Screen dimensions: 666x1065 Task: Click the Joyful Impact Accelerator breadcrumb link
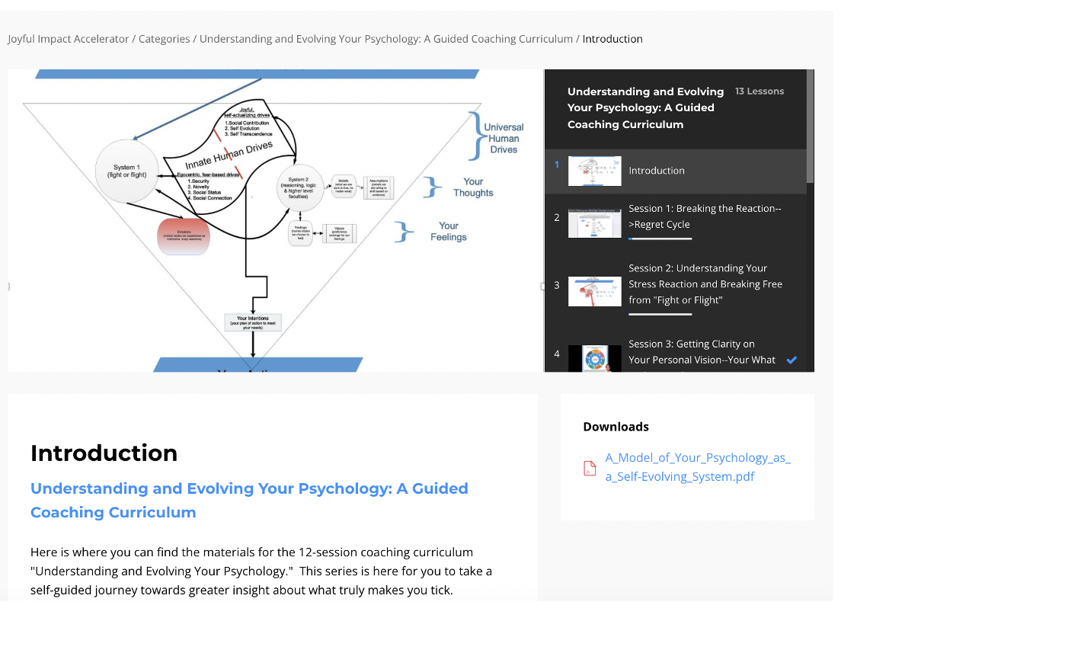click(69, 39)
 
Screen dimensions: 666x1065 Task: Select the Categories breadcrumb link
click(164, 39)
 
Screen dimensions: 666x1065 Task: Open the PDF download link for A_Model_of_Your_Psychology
click(697, 467)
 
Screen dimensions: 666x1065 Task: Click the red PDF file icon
click(590, 468)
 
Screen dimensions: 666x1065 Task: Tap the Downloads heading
click(616, 427)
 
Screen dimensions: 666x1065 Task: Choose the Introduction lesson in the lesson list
click(656, 171)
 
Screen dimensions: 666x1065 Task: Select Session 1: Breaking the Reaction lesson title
click(704, 216)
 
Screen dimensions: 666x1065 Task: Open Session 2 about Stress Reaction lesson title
click(705, 284)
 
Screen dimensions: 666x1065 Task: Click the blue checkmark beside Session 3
click(792, 360)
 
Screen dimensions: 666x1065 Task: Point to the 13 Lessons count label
click(759, 91)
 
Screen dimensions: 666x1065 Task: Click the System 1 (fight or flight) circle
click(126, 171)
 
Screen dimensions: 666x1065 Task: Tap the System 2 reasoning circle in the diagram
click(299, 187)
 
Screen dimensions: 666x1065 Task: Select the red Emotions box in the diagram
click(184, 235)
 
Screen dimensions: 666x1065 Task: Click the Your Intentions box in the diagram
click(253, 322)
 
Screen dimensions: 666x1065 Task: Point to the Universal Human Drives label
click(504, 139)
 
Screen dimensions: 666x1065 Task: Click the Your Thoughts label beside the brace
click(473, 187)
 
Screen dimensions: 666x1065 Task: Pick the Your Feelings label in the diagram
click(449, 232)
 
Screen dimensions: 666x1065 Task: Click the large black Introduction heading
click(104, 453)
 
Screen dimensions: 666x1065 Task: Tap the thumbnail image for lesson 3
click(594, 292)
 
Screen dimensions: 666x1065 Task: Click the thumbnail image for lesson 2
click(594, 223)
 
